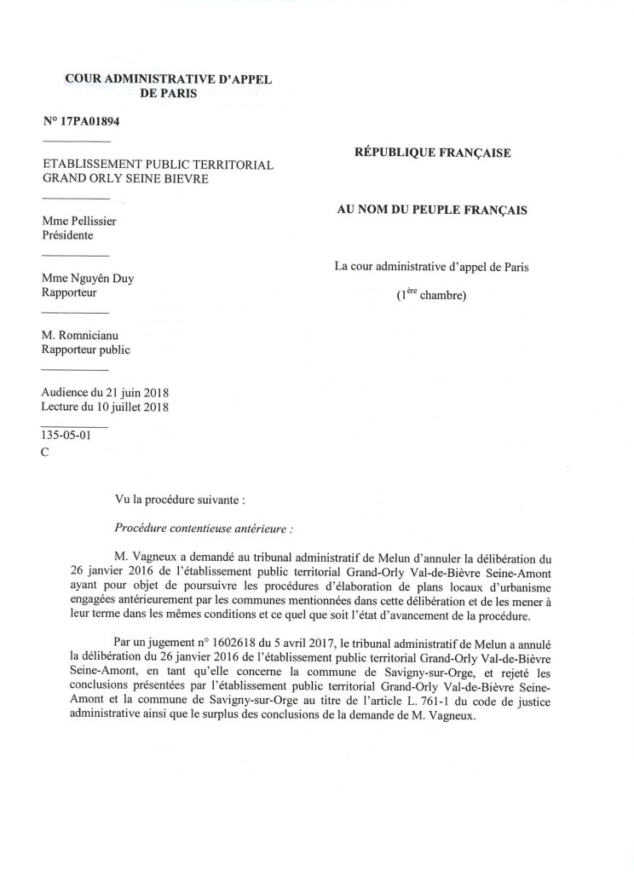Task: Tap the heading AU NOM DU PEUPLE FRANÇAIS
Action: click(x=432, y=210)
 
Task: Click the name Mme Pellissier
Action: click(x=79, y=222)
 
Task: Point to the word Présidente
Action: click(x=68, y=236)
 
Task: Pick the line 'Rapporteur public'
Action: click(x=86, y=349)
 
